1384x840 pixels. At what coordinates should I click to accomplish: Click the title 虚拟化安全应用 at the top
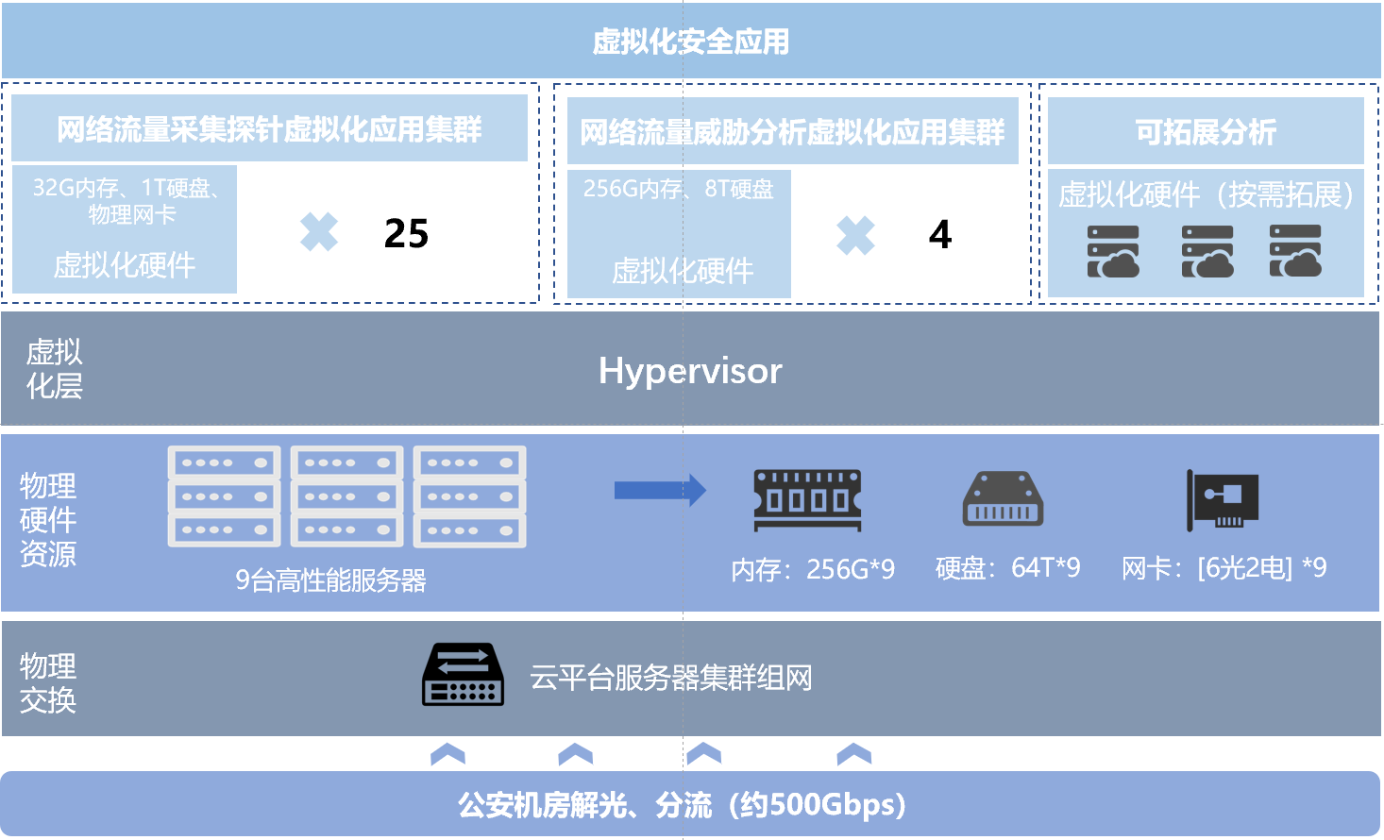pyautogui.click(x=690, y=42)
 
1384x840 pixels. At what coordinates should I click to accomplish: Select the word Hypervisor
pyautogui.click(x=690, y=371)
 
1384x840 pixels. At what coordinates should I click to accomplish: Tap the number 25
pyautogui.click(x=406, y=233)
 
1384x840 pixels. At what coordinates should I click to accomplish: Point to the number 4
pyautogui.click(x=939, y=234)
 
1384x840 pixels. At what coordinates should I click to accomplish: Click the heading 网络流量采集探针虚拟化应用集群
pyautogui.click(x=269, y=129)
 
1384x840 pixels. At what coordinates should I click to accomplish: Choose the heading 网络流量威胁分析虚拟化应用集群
pyautogui.click(x=791, y=132)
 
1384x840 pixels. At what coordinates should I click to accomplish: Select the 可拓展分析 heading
pyautogui.click(x=1206, y=132)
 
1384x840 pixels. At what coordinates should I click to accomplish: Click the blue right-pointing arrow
pyautogui.click(x=660, y=490)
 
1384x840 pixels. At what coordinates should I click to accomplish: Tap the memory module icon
pyautogui.click(x=808, y=499)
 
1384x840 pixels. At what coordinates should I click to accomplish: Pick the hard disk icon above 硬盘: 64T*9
pyautogui.click(x=1003, y=498)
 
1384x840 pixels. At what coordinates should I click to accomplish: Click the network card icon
pyautogui.click(x=1224, y=499)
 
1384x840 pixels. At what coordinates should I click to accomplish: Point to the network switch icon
pyautogui.click(x=463, y=675)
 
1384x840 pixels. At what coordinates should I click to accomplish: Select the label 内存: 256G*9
pyautogui.click(x=813, y=569)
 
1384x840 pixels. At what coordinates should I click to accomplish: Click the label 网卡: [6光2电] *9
pyautogui.click(x=1224, y=568)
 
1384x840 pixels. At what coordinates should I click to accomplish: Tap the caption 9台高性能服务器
pyautogui.click(x=330, y=580)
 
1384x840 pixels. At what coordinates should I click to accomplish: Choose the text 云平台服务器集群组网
pyautogui.click(x=670, y=678)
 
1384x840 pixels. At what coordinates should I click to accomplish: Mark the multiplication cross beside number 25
pyautogui.click(x=319, y=232)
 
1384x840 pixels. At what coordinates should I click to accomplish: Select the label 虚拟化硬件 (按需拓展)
pyautogui.click(x=1206, y=195)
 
